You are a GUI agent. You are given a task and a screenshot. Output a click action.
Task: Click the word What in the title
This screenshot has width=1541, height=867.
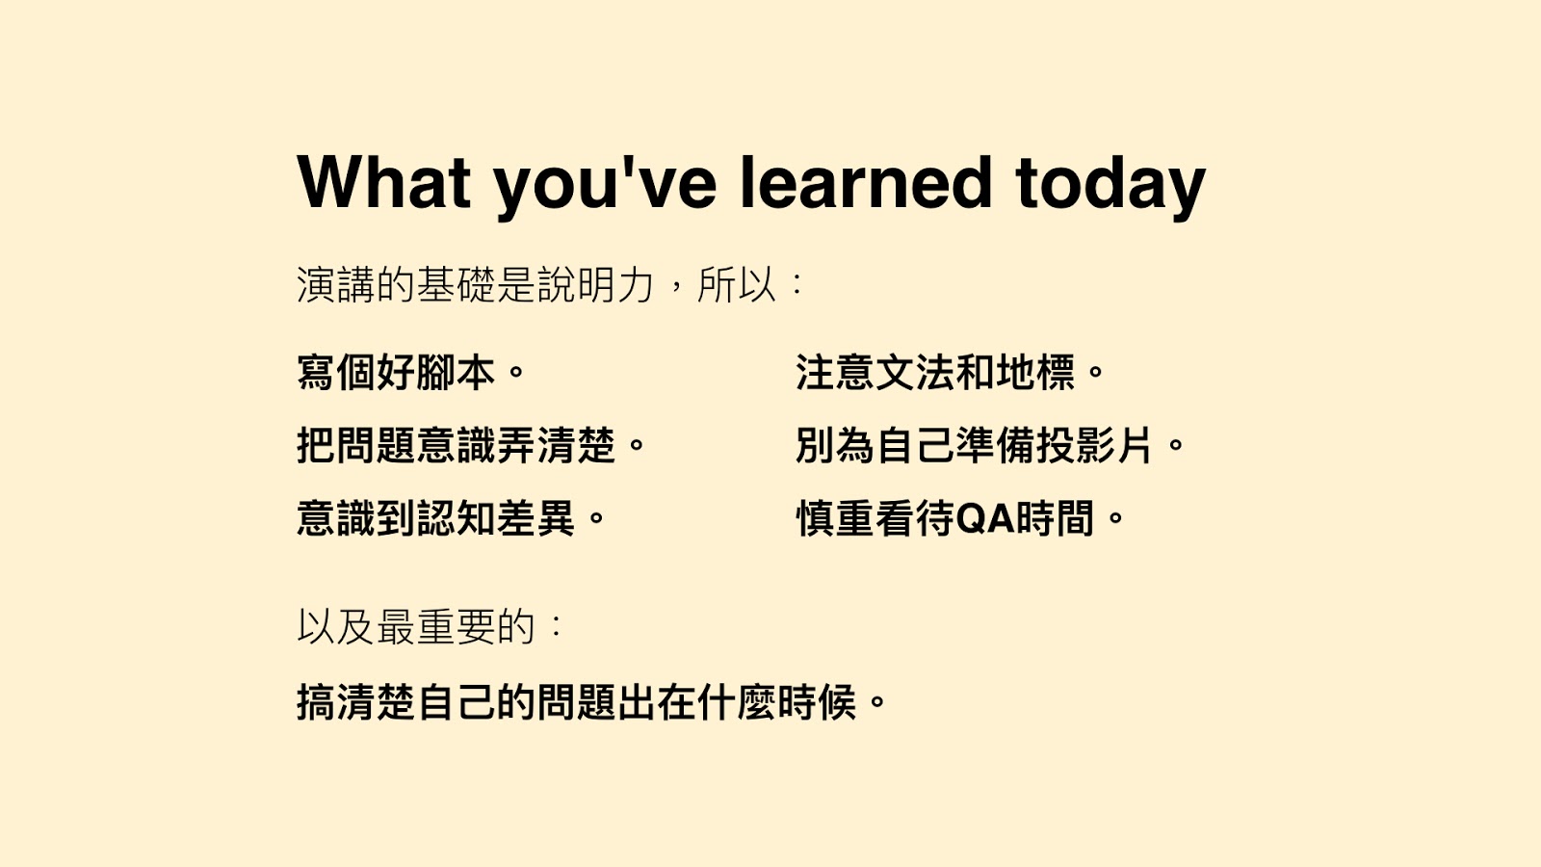384,182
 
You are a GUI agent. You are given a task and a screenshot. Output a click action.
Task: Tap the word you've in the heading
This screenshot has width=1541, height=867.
606,186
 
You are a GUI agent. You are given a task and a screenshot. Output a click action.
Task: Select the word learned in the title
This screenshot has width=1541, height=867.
866,182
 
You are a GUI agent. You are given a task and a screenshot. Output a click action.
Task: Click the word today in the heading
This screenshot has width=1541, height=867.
1110,186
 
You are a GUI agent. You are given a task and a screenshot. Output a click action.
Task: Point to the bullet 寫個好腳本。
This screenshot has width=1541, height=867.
410,373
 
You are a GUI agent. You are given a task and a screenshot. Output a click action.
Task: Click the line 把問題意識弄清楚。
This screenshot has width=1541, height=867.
471,445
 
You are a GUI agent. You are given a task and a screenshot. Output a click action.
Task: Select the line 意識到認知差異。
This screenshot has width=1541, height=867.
452,518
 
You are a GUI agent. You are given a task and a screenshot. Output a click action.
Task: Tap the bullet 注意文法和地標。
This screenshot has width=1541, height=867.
950,373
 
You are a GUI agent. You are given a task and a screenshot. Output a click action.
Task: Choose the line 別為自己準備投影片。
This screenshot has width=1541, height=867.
990,445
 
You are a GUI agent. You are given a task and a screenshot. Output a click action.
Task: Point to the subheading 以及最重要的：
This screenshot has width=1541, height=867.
431,626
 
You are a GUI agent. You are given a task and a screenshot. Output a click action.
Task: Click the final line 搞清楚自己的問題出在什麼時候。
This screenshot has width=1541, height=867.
591,702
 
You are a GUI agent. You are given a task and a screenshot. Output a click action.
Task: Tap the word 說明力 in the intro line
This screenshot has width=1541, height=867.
595,284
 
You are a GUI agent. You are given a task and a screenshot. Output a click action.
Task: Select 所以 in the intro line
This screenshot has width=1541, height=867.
737,284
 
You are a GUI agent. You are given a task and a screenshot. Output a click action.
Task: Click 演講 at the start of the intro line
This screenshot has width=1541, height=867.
336,284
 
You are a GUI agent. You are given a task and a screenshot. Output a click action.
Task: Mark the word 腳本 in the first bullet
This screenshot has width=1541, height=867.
456,373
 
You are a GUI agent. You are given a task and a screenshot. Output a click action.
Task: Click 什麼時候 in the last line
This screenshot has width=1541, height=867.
776,702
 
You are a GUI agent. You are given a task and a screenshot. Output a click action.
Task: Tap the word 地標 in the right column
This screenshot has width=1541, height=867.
1035,373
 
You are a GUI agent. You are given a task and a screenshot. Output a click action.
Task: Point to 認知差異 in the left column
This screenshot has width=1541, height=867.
495,518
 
